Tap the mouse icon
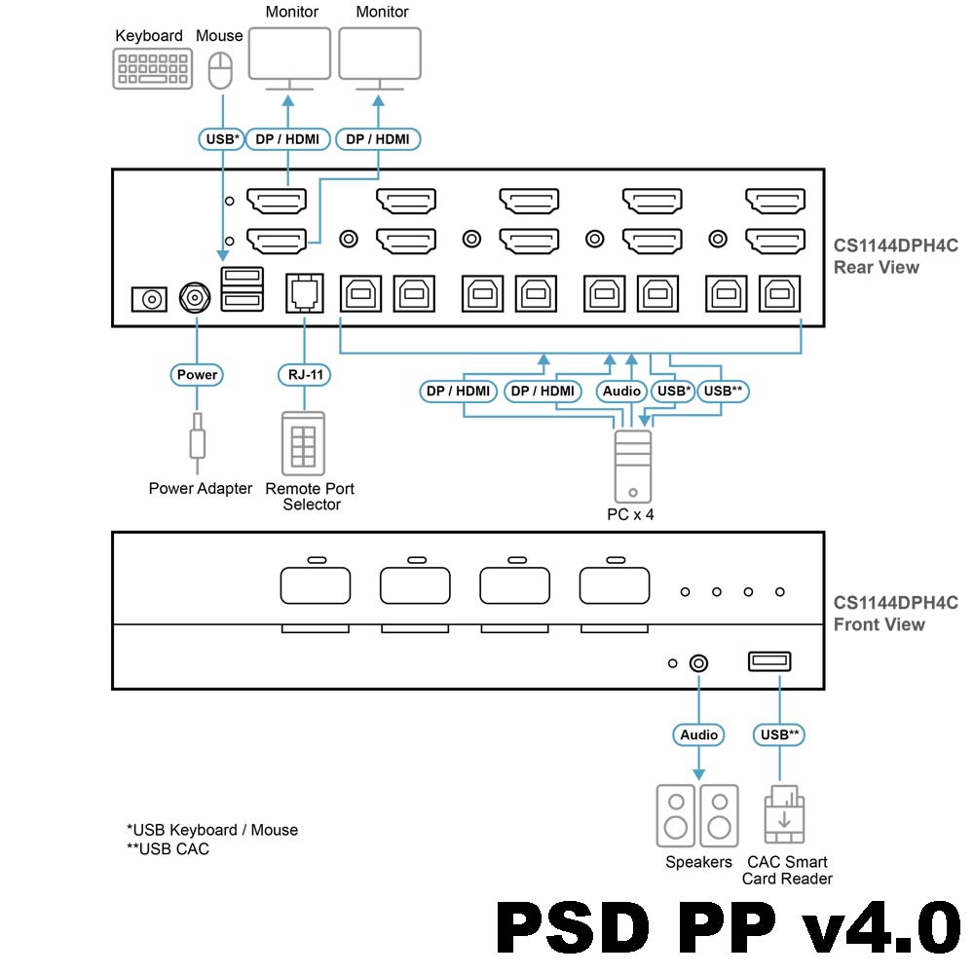[221, 70]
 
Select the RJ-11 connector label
[305, 374]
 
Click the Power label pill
[197, 374]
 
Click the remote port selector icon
[303, 444]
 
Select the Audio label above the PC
[621, 392]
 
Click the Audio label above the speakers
[698, 734]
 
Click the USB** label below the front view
[779, 734]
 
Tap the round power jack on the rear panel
[196, 298]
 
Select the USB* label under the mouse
[222, 139]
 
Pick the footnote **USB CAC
[168, 849]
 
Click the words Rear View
[876, 267]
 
